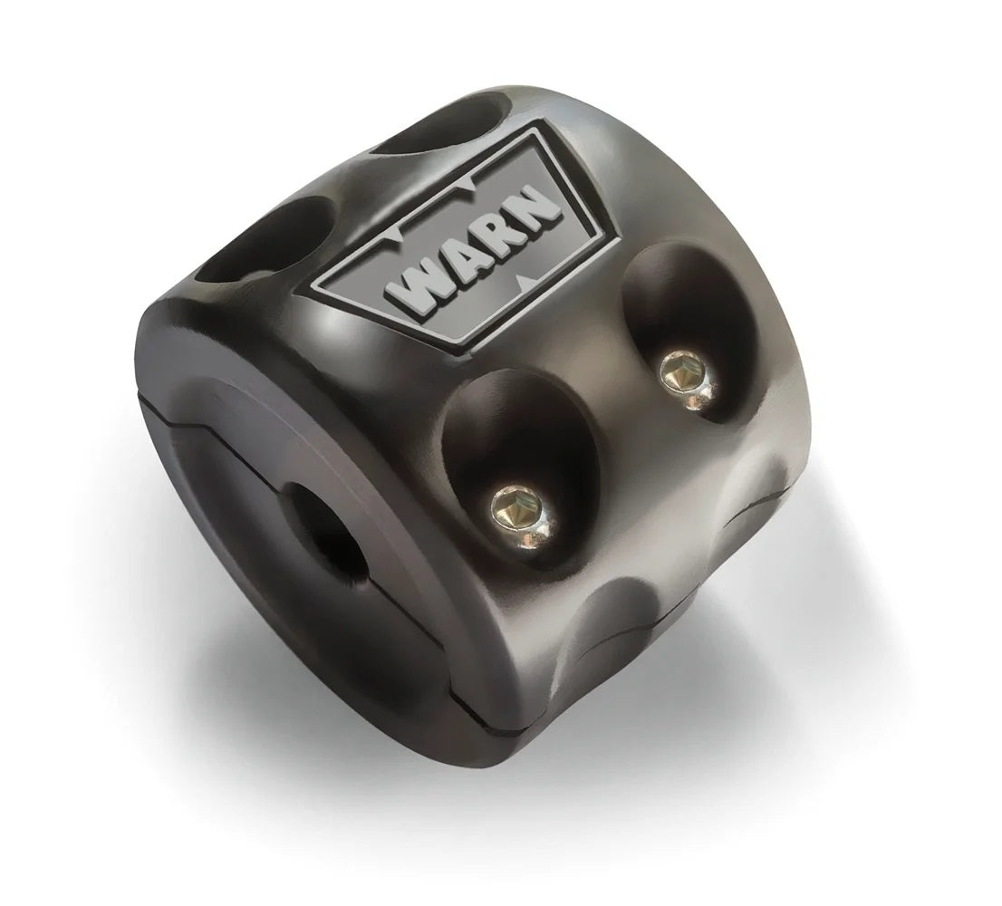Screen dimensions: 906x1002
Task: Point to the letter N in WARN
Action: (540, 207)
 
